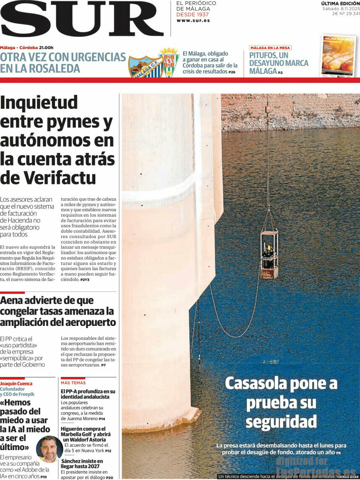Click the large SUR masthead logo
coord(82,19)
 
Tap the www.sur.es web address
coord(193,20)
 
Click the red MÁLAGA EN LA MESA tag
coord(270,48)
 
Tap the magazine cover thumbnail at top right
coord(338,55)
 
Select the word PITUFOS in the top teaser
coord(263,55)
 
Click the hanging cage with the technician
coord(269,254)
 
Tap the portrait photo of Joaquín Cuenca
coord(49,449)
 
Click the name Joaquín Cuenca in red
coord(16,384)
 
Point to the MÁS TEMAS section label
coord(73,383)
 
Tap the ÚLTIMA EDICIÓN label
coord(340,3)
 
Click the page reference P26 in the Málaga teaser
coord(232,73)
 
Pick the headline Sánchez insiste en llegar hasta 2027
coord(81,463)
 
